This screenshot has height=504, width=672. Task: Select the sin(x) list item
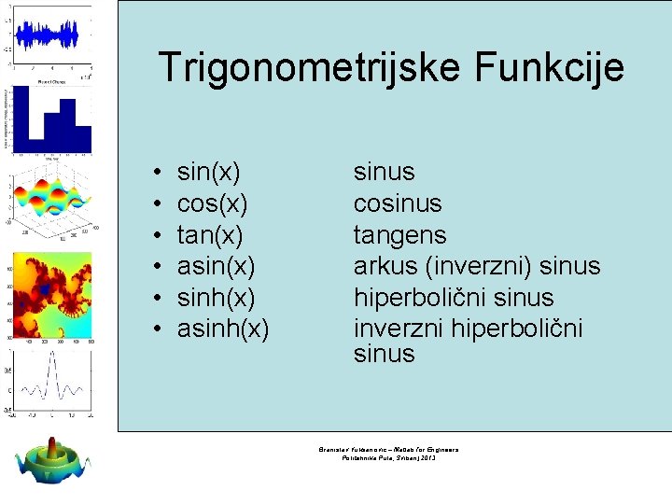coord(208,173)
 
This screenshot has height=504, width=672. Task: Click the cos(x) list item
coord(212,203)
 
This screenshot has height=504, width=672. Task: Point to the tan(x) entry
coord(210,235)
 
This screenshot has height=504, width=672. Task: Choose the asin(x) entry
coord(216,266)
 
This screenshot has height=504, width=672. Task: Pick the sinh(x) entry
coord(216,298)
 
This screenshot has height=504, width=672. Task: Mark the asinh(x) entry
coord(223,329)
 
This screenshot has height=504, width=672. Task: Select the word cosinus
coord(398,203)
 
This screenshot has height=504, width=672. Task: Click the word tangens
coord(399,235)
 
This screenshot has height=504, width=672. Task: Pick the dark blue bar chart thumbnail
coord(52,120)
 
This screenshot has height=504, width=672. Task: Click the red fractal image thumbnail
coord(52,293)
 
